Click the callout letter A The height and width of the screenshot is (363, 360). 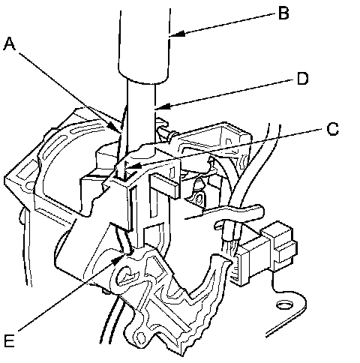click(10, 44)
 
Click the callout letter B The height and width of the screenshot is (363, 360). click(283, 13)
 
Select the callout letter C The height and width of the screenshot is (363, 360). click(333, 129)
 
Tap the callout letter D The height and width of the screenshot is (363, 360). click(303, 79)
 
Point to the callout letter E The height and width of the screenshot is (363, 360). click(9, 340)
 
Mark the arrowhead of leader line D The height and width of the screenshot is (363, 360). click(163, 106)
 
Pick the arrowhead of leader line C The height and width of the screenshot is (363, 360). click(133, 166)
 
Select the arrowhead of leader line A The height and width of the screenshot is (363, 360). click(115, 127)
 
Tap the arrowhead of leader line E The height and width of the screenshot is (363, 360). click(117, 260)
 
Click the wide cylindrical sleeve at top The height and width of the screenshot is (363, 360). click(144, 46)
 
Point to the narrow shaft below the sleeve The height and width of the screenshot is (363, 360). click(141, 118)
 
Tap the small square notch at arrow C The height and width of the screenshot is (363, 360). click(124, 175)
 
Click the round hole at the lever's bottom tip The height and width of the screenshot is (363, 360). click(141, 338)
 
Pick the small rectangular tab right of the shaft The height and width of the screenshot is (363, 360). click(163, 186)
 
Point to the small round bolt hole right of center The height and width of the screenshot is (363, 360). click(199, 199)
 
